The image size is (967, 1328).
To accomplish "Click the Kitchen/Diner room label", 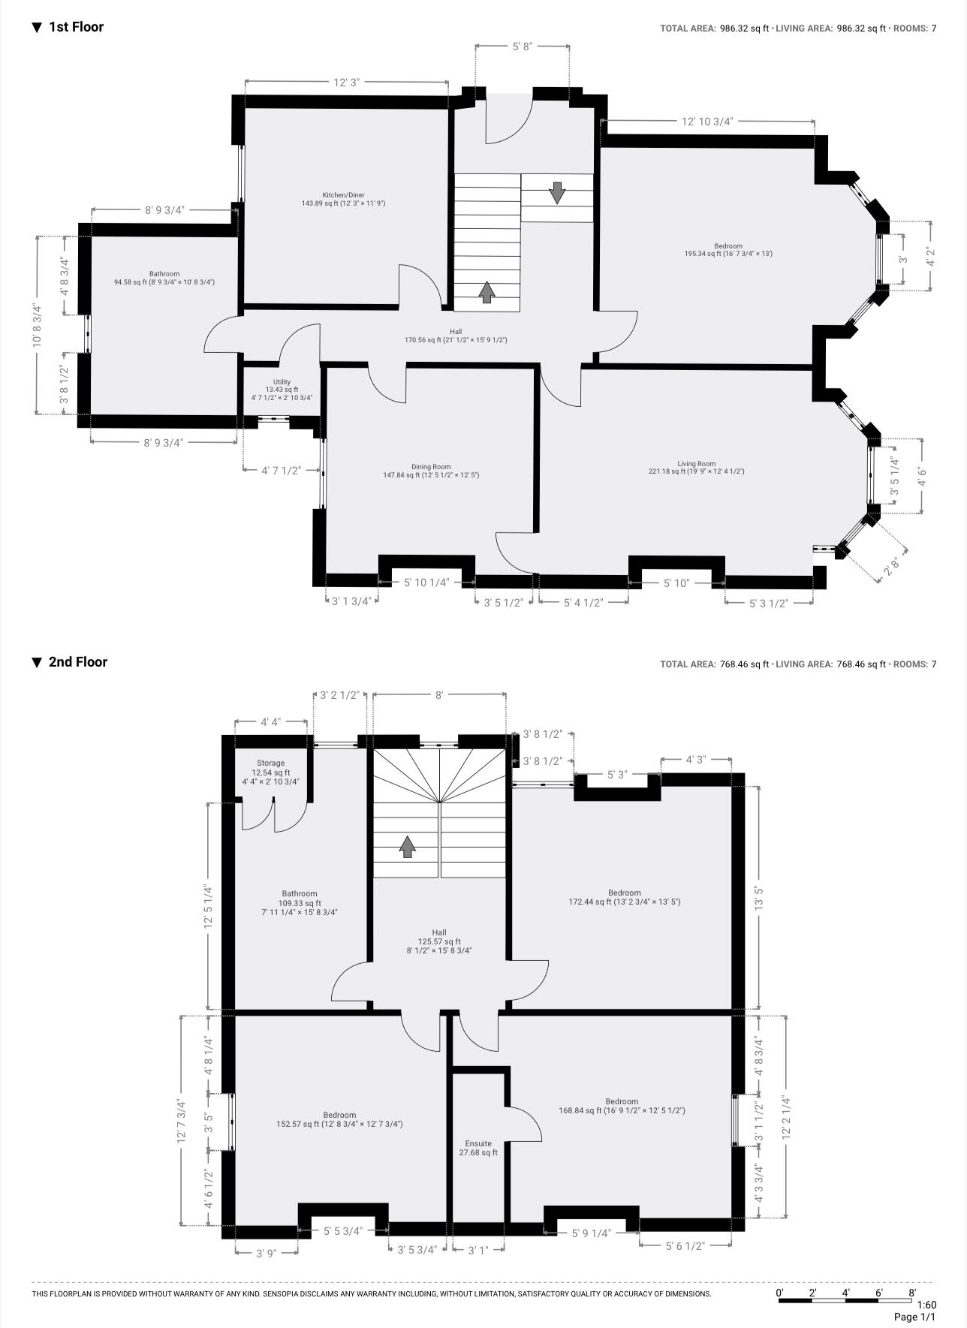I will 343,195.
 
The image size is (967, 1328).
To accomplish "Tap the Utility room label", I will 282,382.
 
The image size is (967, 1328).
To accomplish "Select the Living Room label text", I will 696,464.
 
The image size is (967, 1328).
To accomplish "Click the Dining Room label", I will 431,467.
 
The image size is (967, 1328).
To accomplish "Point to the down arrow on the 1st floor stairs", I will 556,193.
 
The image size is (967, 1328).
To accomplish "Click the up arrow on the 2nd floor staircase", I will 407,847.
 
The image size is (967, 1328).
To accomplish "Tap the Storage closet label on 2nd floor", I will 270,763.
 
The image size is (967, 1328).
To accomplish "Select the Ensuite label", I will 478,1143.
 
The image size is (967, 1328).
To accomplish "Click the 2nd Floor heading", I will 77,661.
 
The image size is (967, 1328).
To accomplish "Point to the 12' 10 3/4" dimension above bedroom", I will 707,121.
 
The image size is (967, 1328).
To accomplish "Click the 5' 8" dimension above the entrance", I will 522,47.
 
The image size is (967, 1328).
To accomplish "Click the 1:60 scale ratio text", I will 926,1305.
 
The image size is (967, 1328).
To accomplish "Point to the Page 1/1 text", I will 914,1317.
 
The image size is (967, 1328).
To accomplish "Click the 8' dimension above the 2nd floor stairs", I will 439,695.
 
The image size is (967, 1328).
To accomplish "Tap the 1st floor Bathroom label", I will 164,274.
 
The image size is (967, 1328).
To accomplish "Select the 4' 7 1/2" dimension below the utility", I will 281,470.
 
